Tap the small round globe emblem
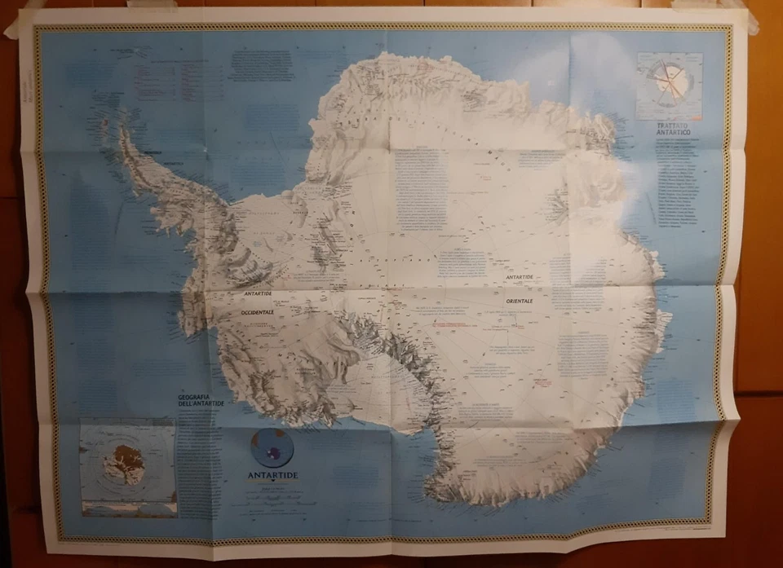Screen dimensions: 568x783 point(272,447)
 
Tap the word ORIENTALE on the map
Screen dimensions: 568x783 point(519,301)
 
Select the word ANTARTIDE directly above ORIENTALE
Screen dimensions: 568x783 point(519,278)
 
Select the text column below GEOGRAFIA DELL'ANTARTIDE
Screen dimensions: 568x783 point(200,456)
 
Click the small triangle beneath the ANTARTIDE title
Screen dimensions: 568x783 point(272,487)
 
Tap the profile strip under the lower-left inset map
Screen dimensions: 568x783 point(128,506)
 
